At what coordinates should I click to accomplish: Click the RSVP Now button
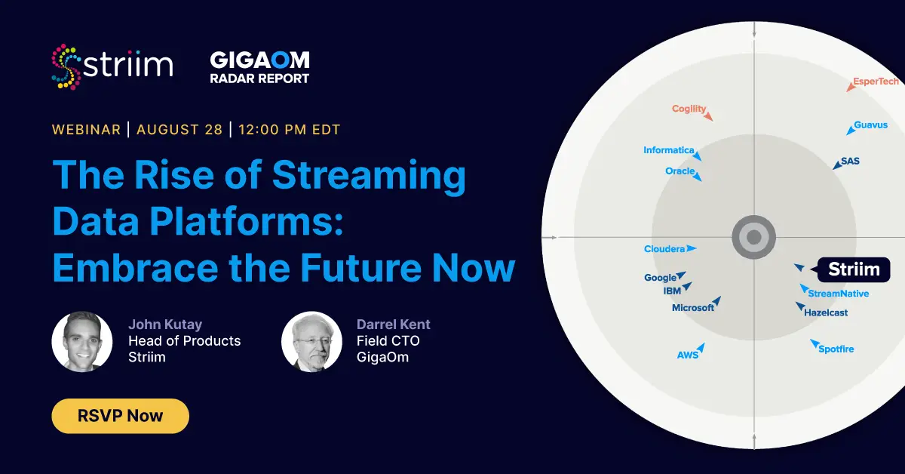tap(120, 416)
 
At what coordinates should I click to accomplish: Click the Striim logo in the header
tap(112, 66)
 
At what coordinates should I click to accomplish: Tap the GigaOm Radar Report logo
tap(259, 67)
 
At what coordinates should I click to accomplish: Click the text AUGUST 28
tap(179, 130)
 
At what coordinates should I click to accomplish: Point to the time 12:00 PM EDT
tap(290, 130)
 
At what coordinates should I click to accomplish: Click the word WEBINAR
tap(86, 130)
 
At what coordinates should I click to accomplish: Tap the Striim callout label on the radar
tap(854, 269)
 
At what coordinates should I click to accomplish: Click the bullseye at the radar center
tap(753, 238)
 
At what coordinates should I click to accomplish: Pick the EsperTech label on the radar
tap(876, 82)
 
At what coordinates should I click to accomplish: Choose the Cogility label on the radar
tap(689, 109)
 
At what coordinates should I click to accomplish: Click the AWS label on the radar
tap(687, 355)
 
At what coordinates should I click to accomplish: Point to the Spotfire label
tap(836, 349)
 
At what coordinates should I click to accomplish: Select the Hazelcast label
tap(826, 312)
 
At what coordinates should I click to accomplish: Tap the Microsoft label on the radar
tap(692, 308)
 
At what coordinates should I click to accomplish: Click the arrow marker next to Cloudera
tap(692, 248)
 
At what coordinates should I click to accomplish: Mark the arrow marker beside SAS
tap(837, 165)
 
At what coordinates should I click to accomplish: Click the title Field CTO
tap(388, 341)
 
